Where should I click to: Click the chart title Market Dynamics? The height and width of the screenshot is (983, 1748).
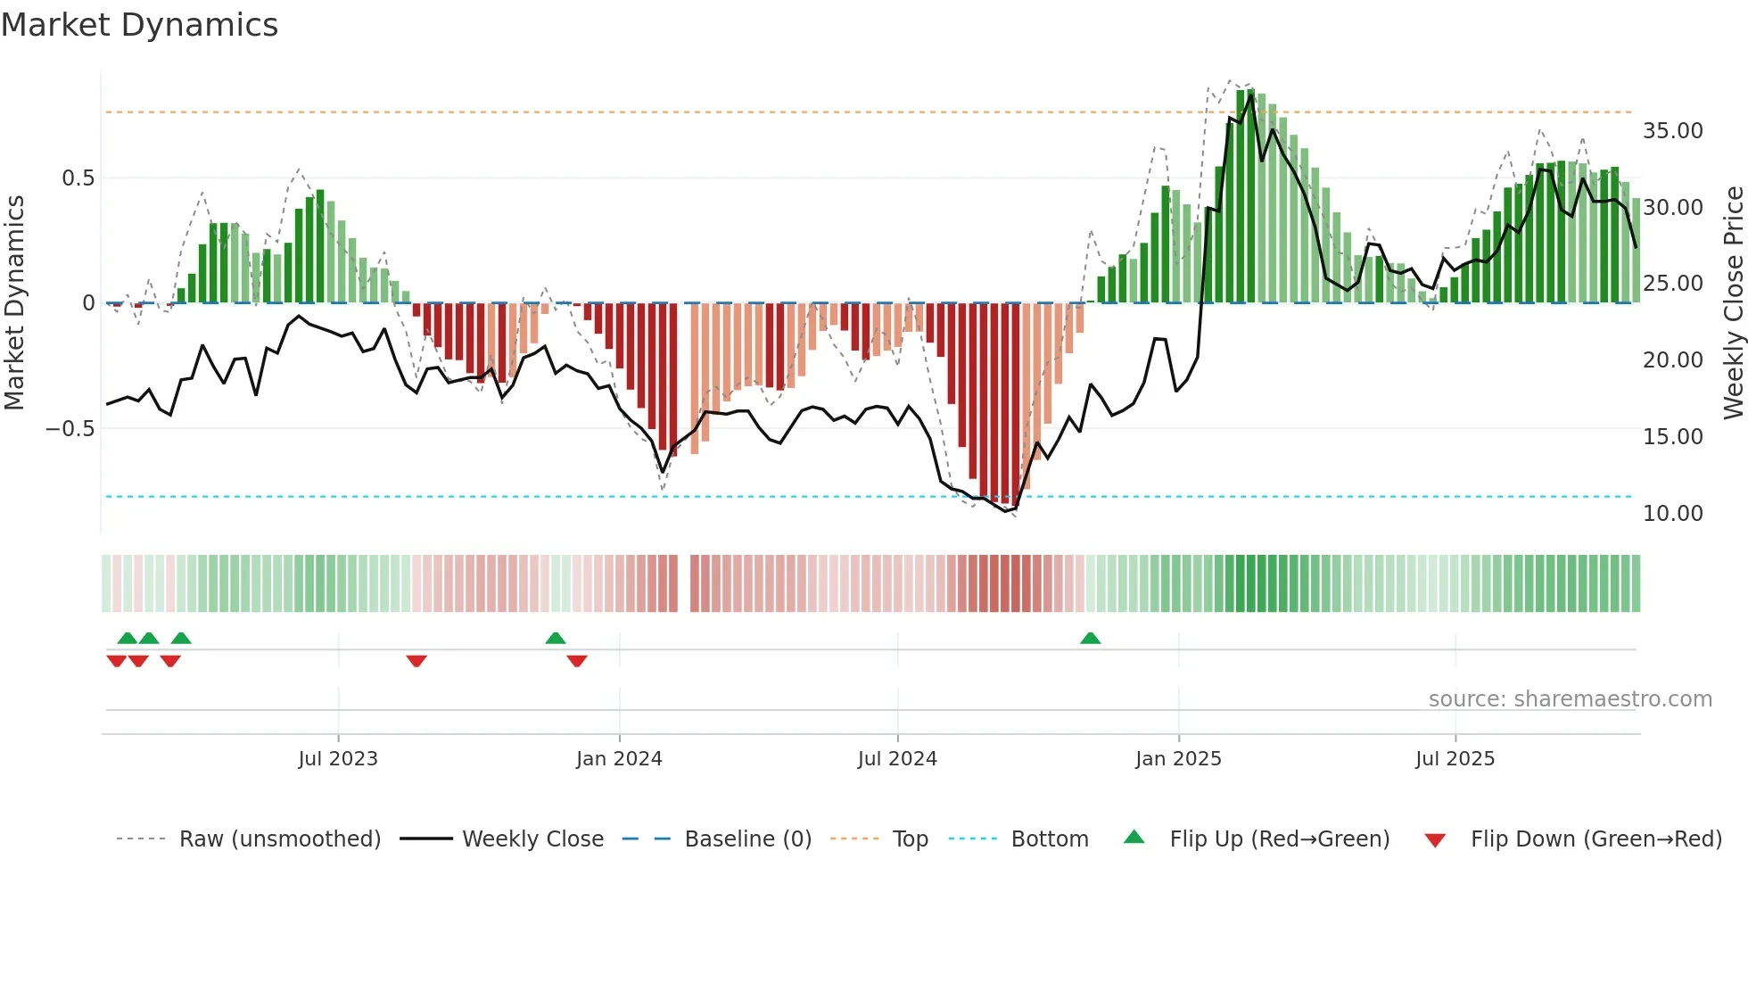tap(139, 25)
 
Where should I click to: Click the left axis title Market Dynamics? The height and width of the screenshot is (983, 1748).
tap(14, 302)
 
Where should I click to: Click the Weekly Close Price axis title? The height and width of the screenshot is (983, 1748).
tap(1733, 302)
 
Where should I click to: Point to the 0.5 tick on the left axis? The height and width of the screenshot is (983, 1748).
tap(78, 178)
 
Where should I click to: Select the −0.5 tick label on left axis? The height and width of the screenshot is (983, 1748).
tap(70, 429)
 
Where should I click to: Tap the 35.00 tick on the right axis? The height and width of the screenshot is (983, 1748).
tap(1672, 131)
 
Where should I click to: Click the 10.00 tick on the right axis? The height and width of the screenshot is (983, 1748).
tap(1672, 514)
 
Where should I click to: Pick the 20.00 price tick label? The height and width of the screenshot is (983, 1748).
tap(1672, 360)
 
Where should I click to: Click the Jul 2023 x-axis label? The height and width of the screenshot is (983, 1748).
tap(338, 759)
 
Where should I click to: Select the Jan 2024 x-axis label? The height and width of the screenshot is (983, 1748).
tap(619, 759)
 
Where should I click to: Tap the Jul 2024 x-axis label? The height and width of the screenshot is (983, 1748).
tap(897, 759)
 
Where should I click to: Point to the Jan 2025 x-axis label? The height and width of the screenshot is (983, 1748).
tap(1178, 759)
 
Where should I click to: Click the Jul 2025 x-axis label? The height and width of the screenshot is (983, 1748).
tap(1455, 759)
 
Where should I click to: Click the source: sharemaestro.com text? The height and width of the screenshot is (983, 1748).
tap(1570, 699)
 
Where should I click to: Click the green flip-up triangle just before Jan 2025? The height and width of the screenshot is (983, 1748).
tap(1090, 638)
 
